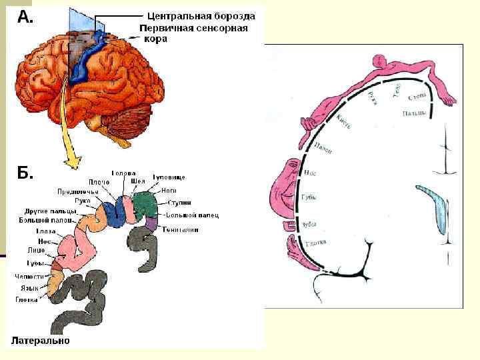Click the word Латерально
pyautogui.click(x=39, y=341)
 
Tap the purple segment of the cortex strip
pyautogui.click(x=152, y=224)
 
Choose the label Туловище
pyautogui.click(x=169, y=177)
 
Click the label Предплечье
pyautogui.click(x=79, y=191)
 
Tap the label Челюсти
pyautogui.click(x=31, y=276)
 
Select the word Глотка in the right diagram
pyautogui.click(x=315, y=243)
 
